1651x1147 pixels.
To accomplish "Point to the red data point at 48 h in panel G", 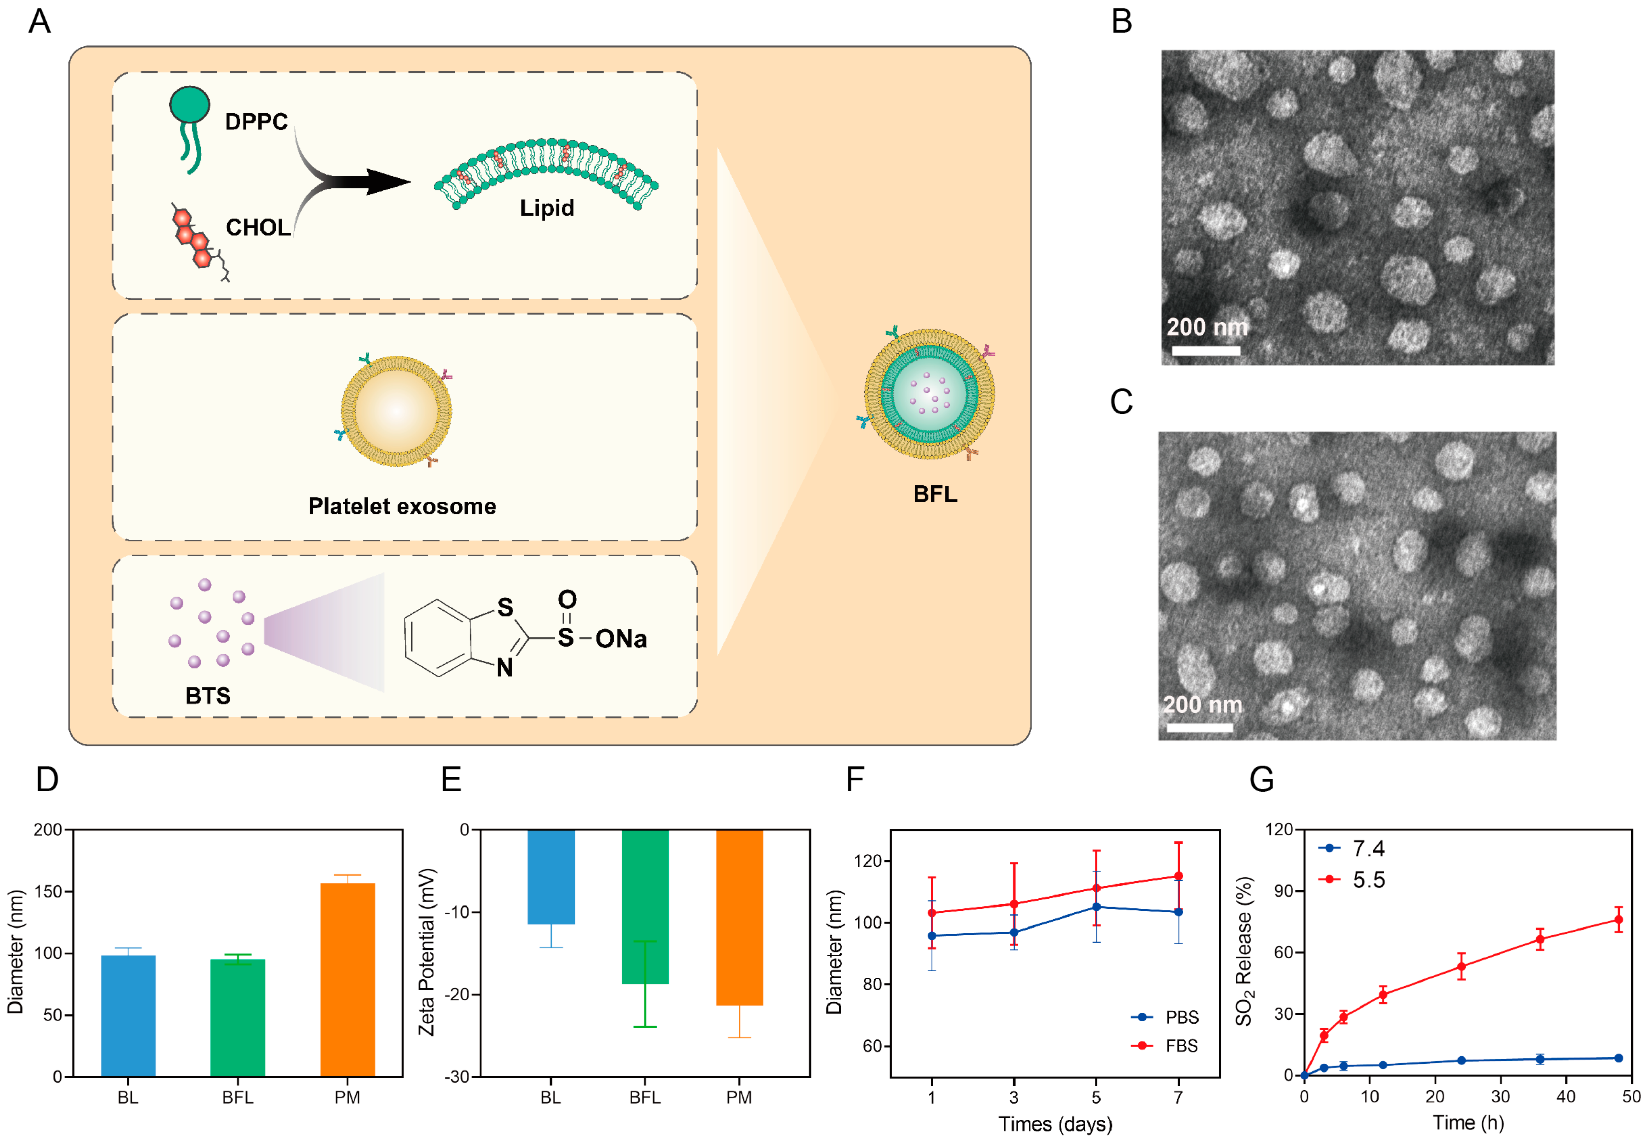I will (x=1618, y=920).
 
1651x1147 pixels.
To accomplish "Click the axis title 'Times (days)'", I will (x=1054, y=1123).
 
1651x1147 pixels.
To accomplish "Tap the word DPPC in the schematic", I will (x=256, y=121).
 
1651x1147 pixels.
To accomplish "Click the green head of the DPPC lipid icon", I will (x=189, y=105).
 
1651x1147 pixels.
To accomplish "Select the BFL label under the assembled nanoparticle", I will (x=935, y=494).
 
